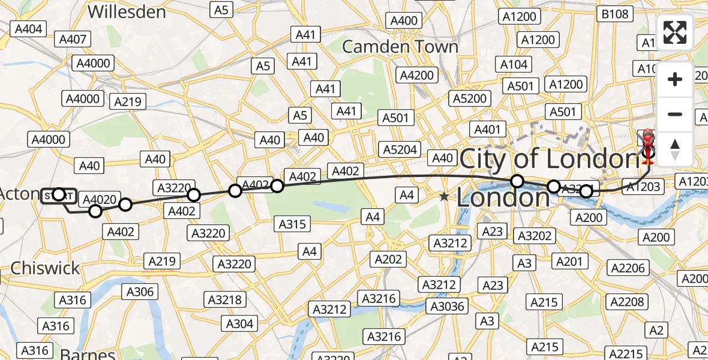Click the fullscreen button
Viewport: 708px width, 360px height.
(x=675, y=32)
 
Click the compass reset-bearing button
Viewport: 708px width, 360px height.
(x=675, y=149)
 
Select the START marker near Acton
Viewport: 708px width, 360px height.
(x=59, y=196)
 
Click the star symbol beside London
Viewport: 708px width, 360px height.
(x=443, y=196)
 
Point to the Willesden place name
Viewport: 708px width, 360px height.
(x=127, y=11)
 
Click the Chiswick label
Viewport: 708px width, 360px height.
(x=45, y=268)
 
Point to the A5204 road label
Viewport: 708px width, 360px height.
(x=401, y=149)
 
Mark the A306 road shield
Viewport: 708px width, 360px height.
(x=139, y=292)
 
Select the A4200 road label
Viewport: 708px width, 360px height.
(x=418, y=76)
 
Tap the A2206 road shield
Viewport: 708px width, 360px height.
(x=629, y=268)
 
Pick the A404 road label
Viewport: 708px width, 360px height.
(x=29, y=28)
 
